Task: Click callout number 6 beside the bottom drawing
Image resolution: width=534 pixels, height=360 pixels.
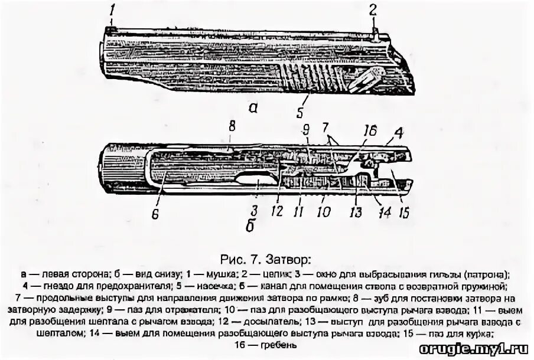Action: [155, 215]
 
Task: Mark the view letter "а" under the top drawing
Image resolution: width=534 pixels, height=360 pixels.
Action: [253, 109]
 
